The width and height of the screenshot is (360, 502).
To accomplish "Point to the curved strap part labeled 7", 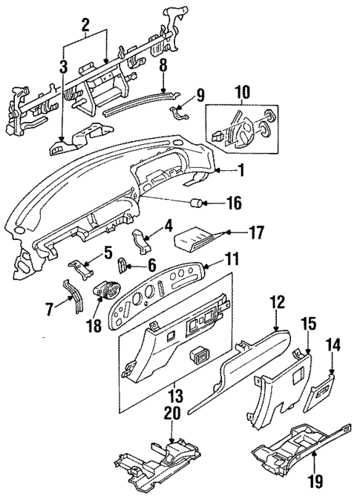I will tap(75, 297).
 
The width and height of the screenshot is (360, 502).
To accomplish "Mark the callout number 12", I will tap(277, 302).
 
